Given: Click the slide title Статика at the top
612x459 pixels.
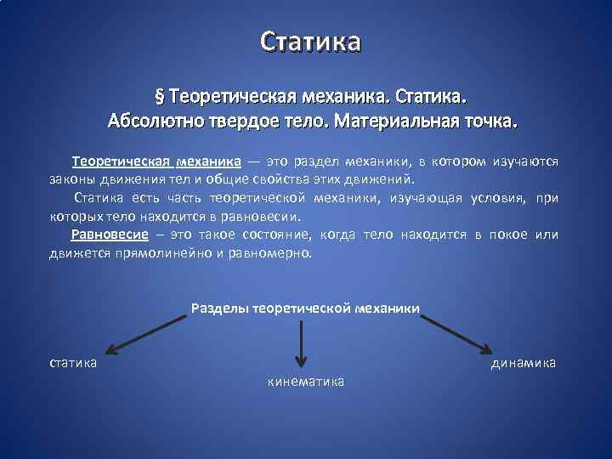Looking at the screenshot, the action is [x=310, y=41].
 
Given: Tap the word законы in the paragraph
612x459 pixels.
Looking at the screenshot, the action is [x=71, y=179].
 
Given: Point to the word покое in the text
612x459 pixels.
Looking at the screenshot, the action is [x=509, y=235].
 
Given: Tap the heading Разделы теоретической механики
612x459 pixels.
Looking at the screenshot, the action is [x=305, y=308].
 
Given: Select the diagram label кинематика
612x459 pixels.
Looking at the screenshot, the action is [x=306, y=382].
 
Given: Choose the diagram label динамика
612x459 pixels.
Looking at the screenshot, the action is [x=523, y=363].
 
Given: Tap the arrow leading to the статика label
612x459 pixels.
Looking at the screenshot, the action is [x=146, y=332].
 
